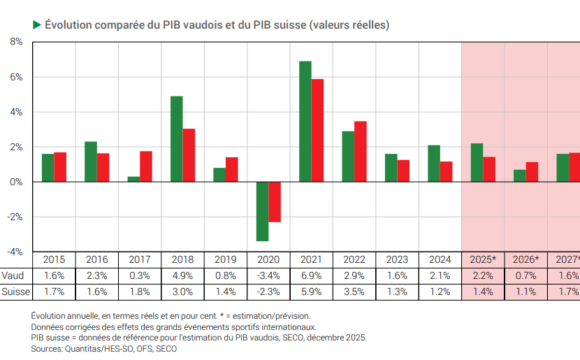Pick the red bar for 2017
146,166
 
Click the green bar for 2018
176,139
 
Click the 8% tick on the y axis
16,42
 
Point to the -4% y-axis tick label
15,252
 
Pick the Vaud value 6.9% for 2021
312,276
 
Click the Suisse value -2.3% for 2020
268,292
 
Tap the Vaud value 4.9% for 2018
183,276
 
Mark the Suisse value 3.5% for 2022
355,292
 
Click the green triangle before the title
36,21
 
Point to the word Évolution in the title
68,22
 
